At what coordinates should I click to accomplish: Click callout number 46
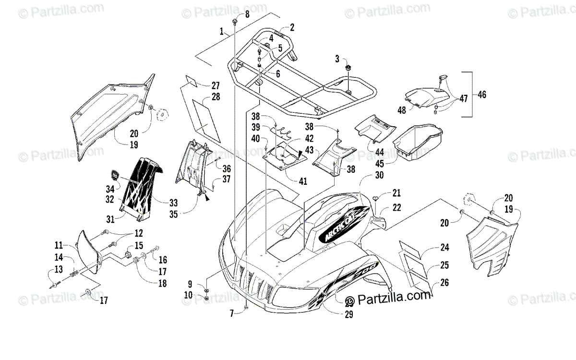click(x=481, y=95)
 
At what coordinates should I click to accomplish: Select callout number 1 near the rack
click(x=222, y=32)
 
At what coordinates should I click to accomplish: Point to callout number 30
click(x=379, y=176)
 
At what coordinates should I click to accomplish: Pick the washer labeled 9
click(x=206, y=291)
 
